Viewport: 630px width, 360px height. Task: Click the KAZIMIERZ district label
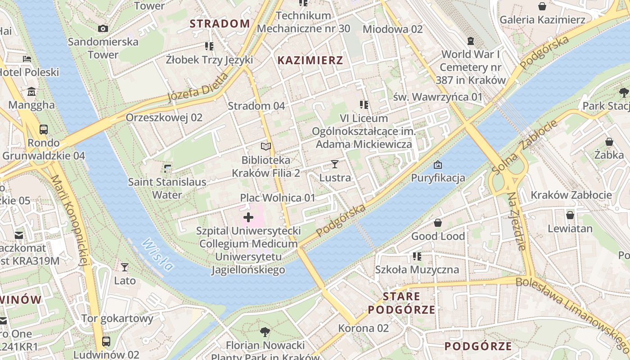pos(310,60)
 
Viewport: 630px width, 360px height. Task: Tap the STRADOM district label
pos(220,24)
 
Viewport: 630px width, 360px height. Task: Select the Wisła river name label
pos(157,255)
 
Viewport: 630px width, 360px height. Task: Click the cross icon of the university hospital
pos(248,218)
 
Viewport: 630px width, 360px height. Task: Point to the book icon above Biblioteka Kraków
pos(266,147)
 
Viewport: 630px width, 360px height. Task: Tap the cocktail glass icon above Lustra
pos(334,164)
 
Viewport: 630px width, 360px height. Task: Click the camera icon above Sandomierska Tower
pos(103,29)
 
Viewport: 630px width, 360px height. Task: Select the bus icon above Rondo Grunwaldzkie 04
pos(44,130)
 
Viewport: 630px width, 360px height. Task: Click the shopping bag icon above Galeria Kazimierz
pos(542,6)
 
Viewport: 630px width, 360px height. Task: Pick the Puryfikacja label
pos(438,178)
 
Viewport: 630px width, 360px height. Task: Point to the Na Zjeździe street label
pos(516,221)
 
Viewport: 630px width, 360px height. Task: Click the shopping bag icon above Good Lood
pos(437,223)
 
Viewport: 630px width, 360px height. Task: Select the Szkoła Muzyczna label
pos(417,270)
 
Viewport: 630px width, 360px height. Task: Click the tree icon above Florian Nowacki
pos(265,332)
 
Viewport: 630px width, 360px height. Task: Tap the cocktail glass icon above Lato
pos(125,267)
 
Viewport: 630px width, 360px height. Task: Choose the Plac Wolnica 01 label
pos(278,198)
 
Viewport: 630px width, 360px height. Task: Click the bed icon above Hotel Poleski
pos(27,59)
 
